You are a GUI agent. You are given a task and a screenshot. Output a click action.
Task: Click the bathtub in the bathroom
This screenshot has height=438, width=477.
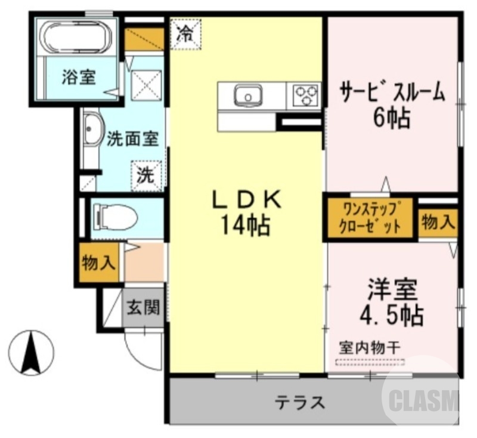click(76, 37)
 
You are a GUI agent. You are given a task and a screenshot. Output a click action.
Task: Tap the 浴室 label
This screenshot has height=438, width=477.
click(79, 78)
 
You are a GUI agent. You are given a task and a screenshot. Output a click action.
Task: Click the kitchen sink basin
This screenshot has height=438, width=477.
click(247, 96)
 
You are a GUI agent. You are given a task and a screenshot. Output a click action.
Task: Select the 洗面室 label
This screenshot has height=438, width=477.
click(132, 139)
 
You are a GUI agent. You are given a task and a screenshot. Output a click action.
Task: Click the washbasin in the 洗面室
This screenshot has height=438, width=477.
click(92, 129)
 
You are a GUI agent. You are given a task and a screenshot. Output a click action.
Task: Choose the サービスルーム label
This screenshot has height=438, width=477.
click(392, 92)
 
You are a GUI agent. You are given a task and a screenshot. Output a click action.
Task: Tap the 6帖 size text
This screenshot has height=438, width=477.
click(392, 118)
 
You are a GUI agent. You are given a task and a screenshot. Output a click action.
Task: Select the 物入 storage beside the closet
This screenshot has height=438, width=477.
click(438, 223)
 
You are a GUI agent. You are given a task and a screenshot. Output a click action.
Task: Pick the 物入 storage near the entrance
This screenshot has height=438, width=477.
click(99, 263)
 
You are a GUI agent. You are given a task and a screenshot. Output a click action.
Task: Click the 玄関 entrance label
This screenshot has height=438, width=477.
click(144, 308)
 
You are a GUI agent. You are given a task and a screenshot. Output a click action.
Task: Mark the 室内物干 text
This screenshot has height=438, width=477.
click(369, 346)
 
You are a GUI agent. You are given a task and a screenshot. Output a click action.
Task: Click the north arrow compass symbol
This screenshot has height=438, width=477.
click(32, 352)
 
